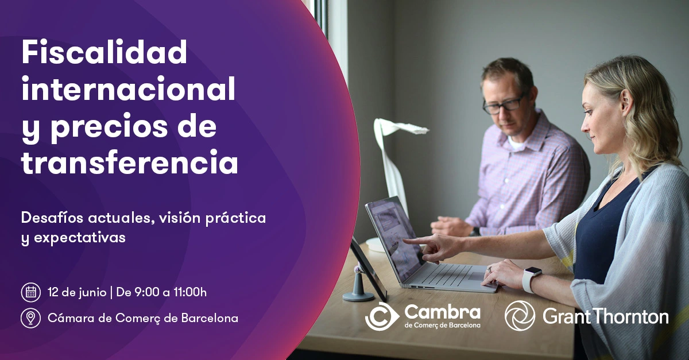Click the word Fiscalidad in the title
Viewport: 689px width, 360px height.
point(104,52)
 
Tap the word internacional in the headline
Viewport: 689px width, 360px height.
point(128,88)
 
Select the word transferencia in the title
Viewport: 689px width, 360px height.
point(130,162)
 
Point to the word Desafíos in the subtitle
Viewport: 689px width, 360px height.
point(52,218)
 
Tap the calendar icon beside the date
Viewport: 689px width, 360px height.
point(31,292)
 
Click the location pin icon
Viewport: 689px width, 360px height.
point(31,318)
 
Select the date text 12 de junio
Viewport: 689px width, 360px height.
point(77,292)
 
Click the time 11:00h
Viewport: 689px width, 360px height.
point(190,292)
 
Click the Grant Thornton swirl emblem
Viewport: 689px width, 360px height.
point(520,316)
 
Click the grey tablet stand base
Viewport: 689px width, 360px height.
point(358,296)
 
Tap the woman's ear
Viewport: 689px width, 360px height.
point(625,103)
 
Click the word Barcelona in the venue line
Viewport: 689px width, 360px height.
point(210,318)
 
